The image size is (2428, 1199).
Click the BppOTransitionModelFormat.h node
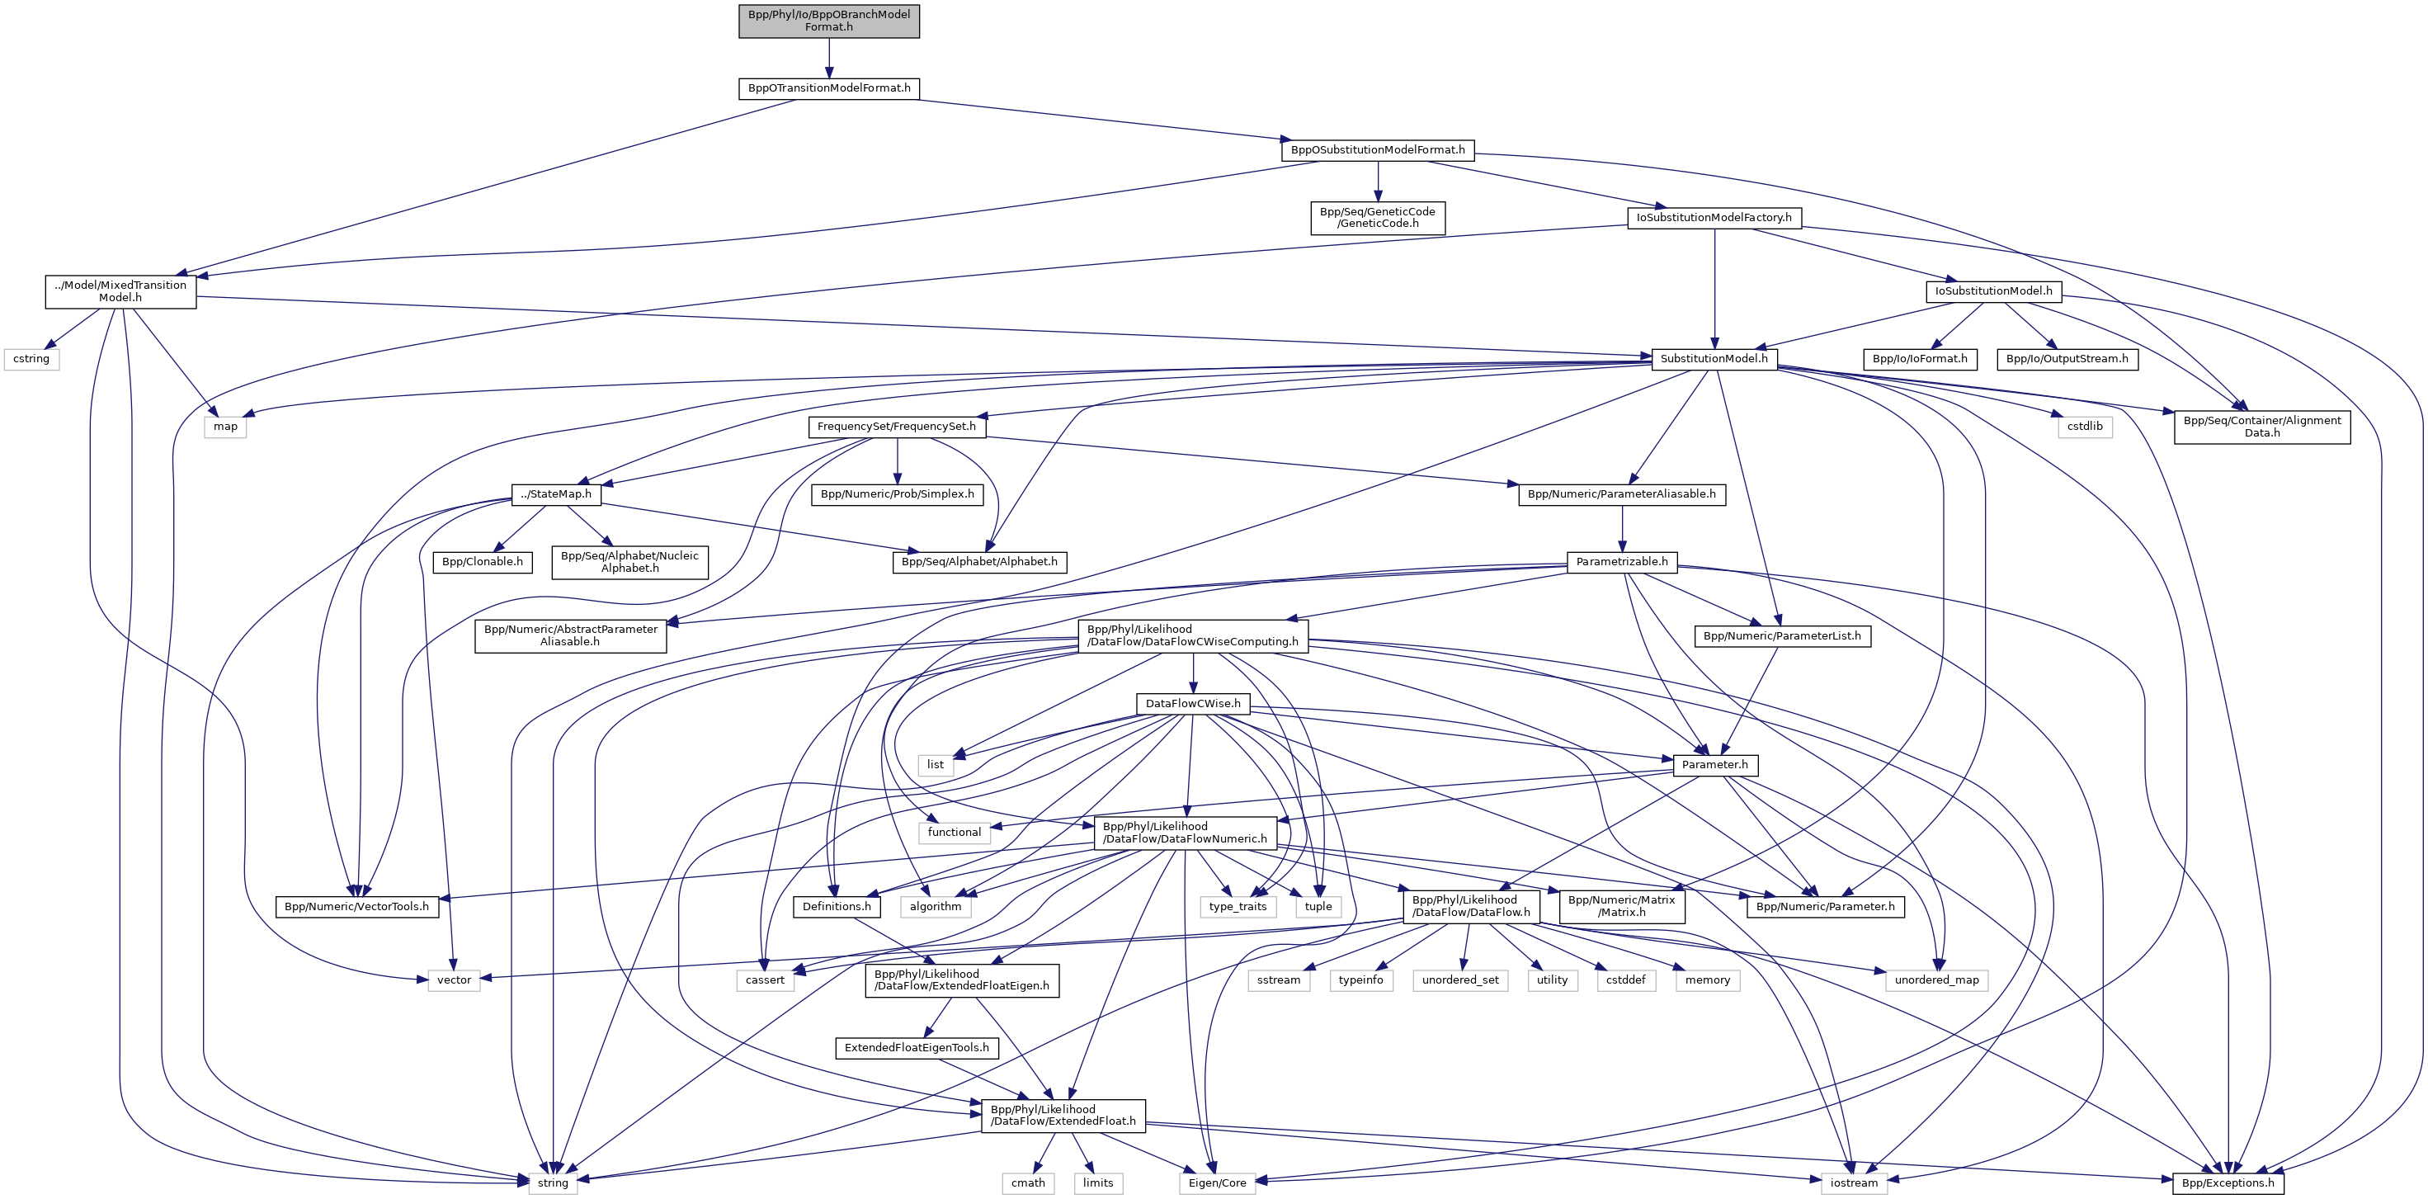828,88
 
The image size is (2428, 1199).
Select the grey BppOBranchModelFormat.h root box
828,21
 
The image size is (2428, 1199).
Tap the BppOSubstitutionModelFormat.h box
1377,150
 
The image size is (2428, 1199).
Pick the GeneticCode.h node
1377,218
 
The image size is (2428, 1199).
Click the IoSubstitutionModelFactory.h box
1714,218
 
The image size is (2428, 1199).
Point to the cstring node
31,359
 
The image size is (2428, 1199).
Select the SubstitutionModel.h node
1714,359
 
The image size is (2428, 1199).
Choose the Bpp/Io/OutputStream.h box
2067,359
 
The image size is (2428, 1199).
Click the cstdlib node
2084,427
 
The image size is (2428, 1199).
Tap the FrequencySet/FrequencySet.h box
896,427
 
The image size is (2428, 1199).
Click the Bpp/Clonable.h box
482,562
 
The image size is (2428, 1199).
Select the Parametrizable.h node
1621,562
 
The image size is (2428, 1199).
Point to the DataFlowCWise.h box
1192,704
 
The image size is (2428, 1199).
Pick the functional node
954,833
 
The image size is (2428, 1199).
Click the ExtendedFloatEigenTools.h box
916,1048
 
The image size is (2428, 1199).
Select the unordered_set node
1460,980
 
